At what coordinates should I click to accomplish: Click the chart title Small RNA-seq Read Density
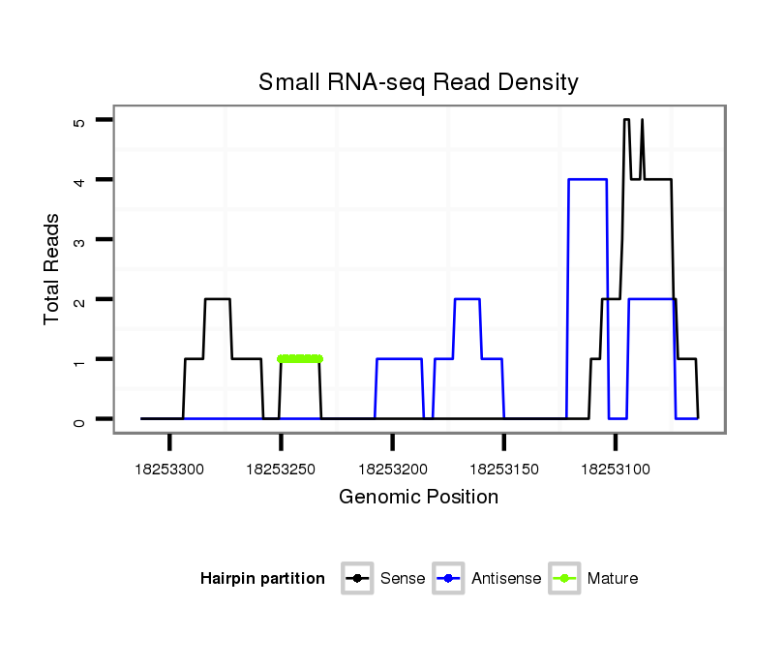tap(418, 82)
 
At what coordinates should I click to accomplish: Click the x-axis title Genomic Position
tap(418, 498)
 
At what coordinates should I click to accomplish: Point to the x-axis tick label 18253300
tap(169, 470)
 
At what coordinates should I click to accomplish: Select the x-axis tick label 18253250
tap(281, 470)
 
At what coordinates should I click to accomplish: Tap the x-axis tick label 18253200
tap(392, 470)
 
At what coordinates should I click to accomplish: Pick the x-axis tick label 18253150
tap(503, 470)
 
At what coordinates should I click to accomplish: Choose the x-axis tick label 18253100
tap(615, 470)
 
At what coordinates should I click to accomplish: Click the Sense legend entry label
tap(403, 579)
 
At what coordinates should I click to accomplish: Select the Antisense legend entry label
tap(507, 579)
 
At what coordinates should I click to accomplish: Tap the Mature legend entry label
tap(613, 579)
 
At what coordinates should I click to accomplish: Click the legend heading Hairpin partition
tap(262, 579)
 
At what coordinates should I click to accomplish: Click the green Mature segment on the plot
tap(299, 359)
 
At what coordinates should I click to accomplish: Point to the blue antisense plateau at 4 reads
tap(588, 179)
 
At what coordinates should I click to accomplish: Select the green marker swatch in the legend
tap(564, 579)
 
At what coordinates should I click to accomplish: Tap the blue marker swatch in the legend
tap(450, 579)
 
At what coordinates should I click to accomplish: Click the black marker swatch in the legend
tap(358, 579)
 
